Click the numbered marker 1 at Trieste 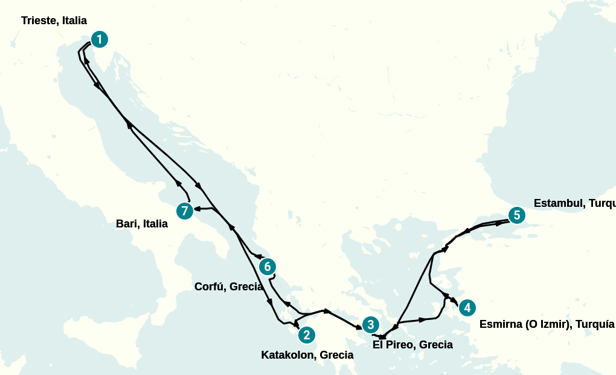coord(99,39)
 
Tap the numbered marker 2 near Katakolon coord(306,334)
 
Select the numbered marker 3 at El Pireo coord(370,325)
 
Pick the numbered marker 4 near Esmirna coord(466,308)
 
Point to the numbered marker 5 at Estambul coord(516,215)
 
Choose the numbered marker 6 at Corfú coord(267,266)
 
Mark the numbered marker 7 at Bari coord(185,211)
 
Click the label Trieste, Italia coord(54,21)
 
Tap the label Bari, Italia coord(141,224)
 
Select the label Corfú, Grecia coord(228,287)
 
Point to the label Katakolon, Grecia coord(307,355)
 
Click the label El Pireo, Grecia coord(412,345)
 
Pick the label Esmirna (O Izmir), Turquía coord(547,324)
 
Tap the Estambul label coord(574,203)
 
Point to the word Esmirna coord(499,324)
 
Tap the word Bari coord(127,224)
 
